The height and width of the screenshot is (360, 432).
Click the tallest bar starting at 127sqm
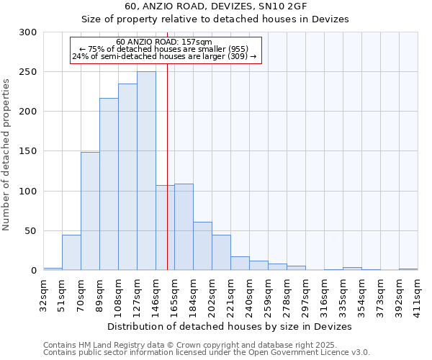tap(146, 171)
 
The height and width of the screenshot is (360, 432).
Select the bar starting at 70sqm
tap(90, 211)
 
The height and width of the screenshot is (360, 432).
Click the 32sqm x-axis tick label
tap(44, 293)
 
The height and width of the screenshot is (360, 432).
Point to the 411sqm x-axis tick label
tap(418, 293)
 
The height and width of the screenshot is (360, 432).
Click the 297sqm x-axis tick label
tap(306, 293)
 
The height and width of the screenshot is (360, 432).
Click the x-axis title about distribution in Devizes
tap(230, 326)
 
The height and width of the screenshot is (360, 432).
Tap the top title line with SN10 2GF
tap(216, 6)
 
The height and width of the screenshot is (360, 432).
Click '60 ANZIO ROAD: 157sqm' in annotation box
tap(164, 42)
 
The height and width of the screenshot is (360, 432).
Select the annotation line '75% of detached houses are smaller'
tap(164, 49)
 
